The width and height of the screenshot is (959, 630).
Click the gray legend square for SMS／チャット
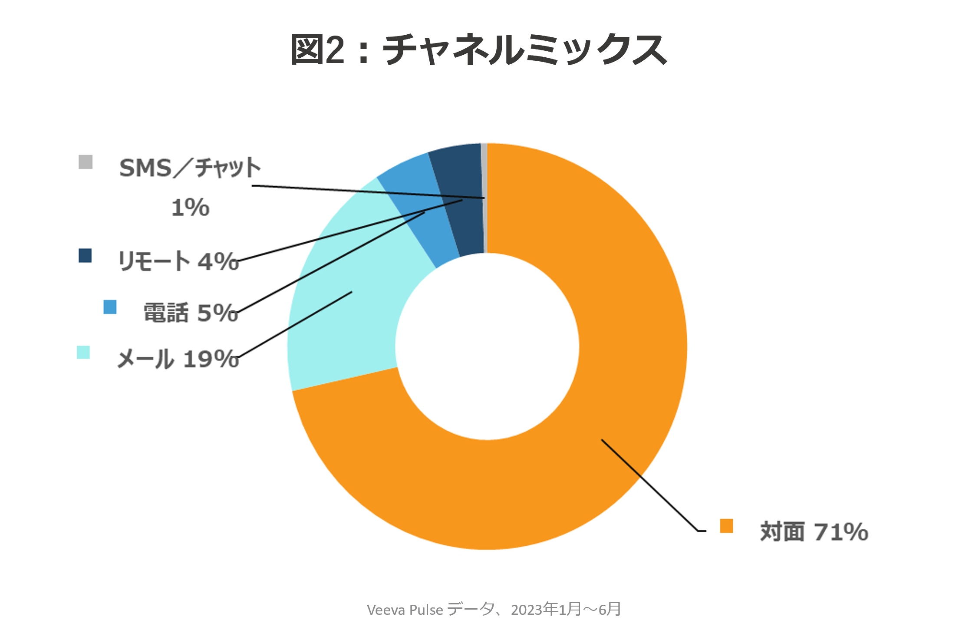86,162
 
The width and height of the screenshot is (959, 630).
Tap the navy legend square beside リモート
85,256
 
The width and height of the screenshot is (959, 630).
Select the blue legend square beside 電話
110,307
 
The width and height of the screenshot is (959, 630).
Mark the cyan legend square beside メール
83,352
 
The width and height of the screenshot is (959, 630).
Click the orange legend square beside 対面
726,526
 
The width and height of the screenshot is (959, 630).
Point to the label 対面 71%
814,532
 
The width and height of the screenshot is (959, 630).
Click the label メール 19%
178,359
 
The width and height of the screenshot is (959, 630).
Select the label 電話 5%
191,313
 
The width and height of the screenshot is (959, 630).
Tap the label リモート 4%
178,261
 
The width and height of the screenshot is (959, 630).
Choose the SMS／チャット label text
190,168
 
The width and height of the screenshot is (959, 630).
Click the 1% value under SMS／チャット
190,208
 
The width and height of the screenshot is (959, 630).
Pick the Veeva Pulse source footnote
494,610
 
